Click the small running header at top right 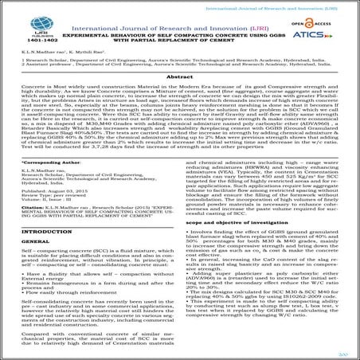(303, 5)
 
